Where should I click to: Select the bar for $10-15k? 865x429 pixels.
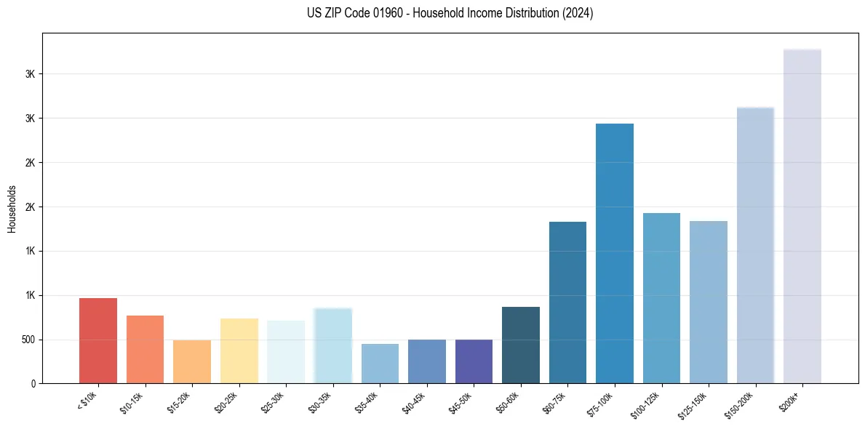(145, 349)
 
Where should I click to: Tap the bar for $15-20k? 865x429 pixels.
(192, 361)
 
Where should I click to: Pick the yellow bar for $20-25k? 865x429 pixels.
(239, 350)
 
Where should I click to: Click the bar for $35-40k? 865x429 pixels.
(380, 364)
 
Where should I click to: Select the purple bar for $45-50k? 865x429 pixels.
(474, 361)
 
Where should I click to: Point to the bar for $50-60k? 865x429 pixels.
(521, 345)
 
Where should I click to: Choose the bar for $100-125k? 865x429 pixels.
(661, 298)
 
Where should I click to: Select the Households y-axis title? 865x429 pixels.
(12, 209)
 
